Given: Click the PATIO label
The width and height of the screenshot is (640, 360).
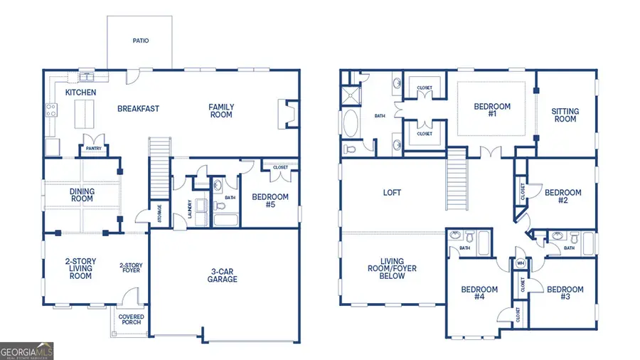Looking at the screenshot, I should point(140,41).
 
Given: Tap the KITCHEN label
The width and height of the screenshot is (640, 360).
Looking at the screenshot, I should point(80,93).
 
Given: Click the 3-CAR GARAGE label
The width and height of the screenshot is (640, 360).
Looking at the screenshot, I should point(223,275).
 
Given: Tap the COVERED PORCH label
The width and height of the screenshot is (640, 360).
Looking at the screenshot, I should point(131,319).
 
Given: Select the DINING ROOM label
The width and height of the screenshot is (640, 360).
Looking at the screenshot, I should point(82,195).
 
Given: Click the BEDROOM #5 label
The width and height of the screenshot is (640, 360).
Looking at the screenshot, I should point(270,201).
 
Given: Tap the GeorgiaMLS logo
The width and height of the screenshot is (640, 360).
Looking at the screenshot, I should point(27,351).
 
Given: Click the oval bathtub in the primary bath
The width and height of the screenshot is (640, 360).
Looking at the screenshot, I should point(352,123).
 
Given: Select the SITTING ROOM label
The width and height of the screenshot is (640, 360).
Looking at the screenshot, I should point(565,115).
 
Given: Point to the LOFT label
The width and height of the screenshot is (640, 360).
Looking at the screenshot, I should point(393,192).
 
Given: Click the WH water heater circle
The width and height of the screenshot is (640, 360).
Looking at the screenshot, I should point(521,263).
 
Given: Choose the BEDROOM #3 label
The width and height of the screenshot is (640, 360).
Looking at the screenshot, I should point(565,293).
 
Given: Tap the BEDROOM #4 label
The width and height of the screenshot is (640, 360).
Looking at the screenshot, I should point(479,293).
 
